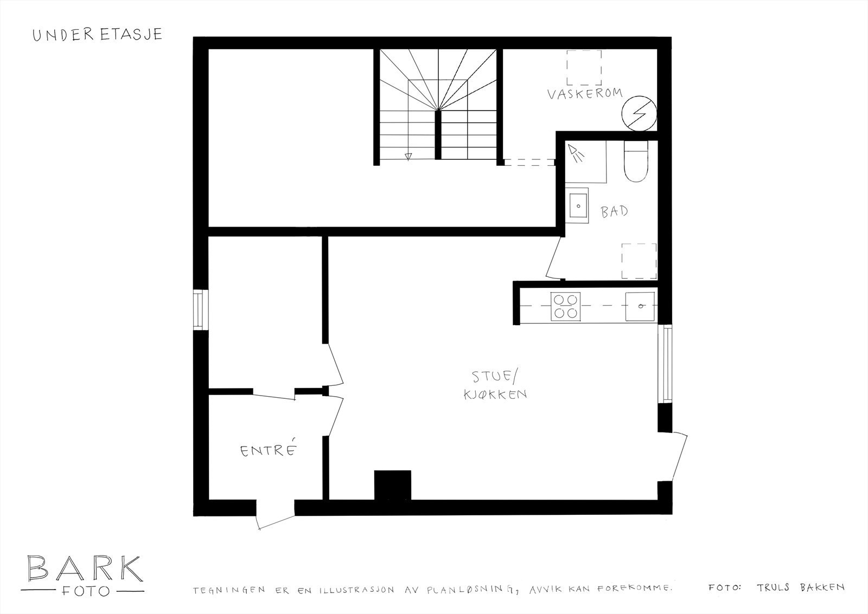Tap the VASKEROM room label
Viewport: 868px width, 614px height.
583,95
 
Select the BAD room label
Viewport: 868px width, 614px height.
614,211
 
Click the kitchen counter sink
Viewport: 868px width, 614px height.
640,306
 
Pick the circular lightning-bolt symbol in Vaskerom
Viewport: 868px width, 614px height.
639,114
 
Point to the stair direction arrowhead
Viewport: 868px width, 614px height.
407,157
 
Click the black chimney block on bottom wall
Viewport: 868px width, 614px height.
392,484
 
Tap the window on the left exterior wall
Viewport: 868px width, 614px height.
201,309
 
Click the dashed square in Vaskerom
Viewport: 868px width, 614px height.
584,67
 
